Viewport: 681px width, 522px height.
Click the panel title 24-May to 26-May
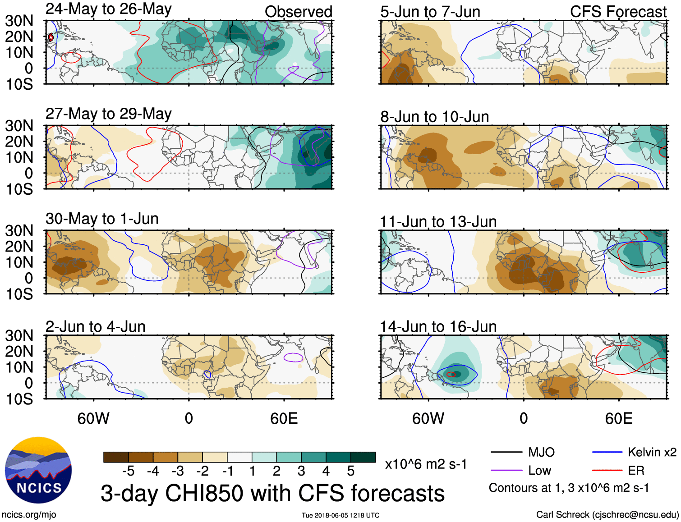click(108, 9)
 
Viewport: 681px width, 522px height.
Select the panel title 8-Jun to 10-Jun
click(434, 117)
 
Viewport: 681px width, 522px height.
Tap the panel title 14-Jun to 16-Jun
click(438, 326)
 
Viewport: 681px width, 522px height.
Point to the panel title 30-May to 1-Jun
click(102, 219)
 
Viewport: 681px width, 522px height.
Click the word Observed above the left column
click(298, 12)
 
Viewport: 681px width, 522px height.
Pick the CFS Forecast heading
click(618, 12)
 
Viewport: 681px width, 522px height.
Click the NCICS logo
click(38, 470)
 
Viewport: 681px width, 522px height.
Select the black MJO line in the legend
click(506, 452)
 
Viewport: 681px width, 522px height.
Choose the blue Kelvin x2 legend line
click(607, 452)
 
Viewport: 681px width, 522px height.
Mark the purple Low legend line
click(506, 471)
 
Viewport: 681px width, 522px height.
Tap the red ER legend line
click(607, 471)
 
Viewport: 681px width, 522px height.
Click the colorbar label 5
click(350, 471)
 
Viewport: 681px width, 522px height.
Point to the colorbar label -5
click(128, 471)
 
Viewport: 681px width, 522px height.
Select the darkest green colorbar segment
click(363, 457)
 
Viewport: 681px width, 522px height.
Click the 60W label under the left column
click(93, 418)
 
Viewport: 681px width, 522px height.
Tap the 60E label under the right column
click(618, 418)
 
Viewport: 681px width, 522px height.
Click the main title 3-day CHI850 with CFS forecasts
click(272, 493)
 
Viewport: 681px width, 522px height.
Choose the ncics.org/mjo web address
click(29, 515)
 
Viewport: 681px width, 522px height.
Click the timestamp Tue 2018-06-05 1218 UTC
click(340, 515)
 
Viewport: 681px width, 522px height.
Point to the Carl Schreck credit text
click(607, 515)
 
